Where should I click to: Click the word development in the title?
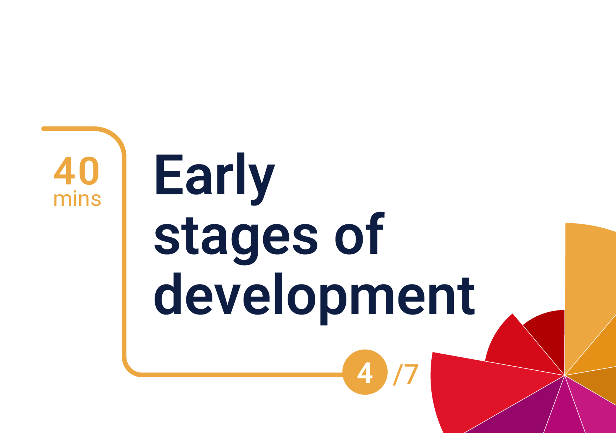[x=314, y=299]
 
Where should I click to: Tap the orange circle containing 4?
[x=365, y=372]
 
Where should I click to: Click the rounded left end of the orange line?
[x=43, y=129]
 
